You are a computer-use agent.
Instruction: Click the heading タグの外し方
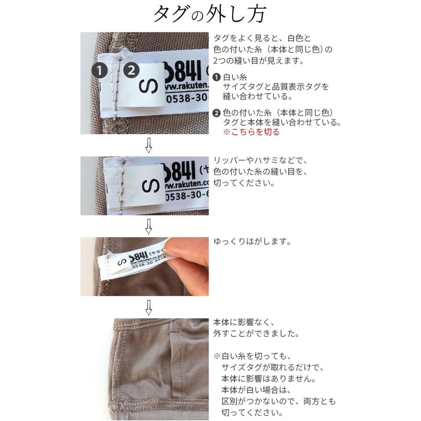point(210,14)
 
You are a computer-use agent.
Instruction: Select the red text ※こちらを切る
point(251,132)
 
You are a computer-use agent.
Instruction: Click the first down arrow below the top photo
point(149,146)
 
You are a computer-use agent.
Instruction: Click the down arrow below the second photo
point(149,226)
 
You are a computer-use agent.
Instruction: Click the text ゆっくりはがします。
point(252,242)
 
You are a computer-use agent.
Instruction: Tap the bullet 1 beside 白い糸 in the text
point(217,77)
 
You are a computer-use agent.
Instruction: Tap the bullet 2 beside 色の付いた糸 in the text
point(217,112)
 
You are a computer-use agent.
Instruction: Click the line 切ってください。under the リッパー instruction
point(243,183)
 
